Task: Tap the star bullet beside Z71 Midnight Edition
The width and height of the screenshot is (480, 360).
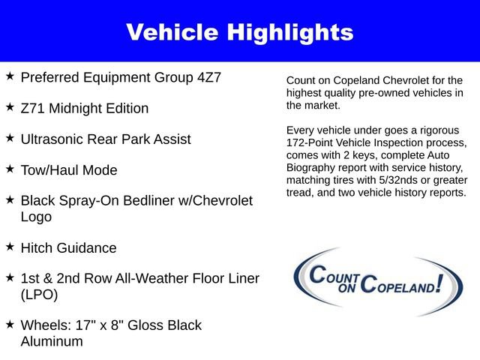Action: point(10,107)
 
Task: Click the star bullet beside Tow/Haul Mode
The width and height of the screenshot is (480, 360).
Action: point(10,169)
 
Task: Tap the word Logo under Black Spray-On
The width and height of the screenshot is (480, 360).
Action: point(36,217)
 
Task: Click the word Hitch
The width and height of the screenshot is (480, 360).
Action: point(37,248)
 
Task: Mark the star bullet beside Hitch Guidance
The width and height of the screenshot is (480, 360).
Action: point(10,246)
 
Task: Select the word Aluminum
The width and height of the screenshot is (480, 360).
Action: point(52,341)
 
